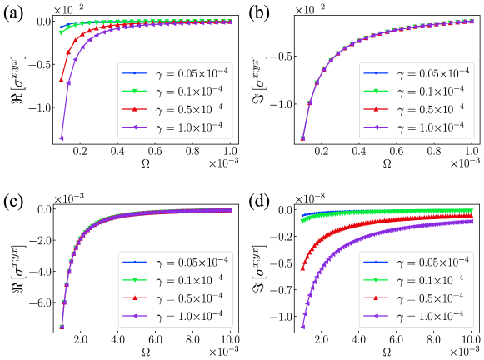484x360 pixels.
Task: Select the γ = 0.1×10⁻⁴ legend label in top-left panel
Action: point(192,92)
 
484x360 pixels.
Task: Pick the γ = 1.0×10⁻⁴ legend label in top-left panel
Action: point(192,128)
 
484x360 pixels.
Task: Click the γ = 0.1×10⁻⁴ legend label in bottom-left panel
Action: point(192,279)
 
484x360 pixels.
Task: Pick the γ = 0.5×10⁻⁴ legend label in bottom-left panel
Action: point(192,297)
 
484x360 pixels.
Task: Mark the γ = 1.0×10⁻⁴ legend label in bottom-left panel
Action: point(192,316)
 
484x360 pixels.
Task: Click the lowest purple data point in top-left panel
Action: point(61,138)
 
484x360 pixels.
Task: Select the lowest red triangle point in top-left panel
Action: point(61,80)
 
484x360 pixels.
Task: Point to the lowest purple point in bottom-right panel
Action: point(302,327)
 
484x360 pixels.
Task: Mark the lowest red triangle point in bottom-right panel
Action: point(302,269)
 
